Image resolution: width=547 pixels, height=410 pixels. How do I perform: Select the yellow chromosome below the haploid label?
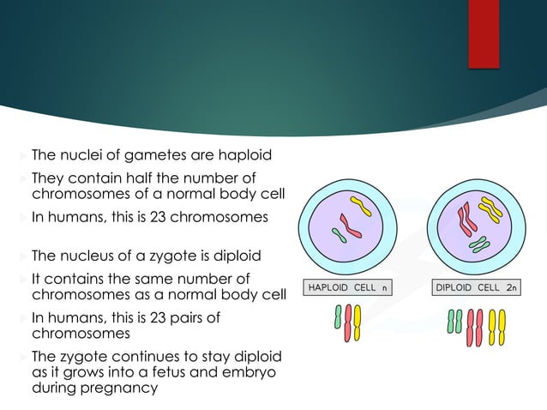(357, 323)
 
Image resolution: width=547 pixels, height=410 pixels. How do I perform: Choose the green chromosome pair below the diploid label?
(455, 319)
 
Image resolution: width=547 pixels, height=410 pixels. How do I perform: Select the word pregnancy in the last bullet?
(124, 388)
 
